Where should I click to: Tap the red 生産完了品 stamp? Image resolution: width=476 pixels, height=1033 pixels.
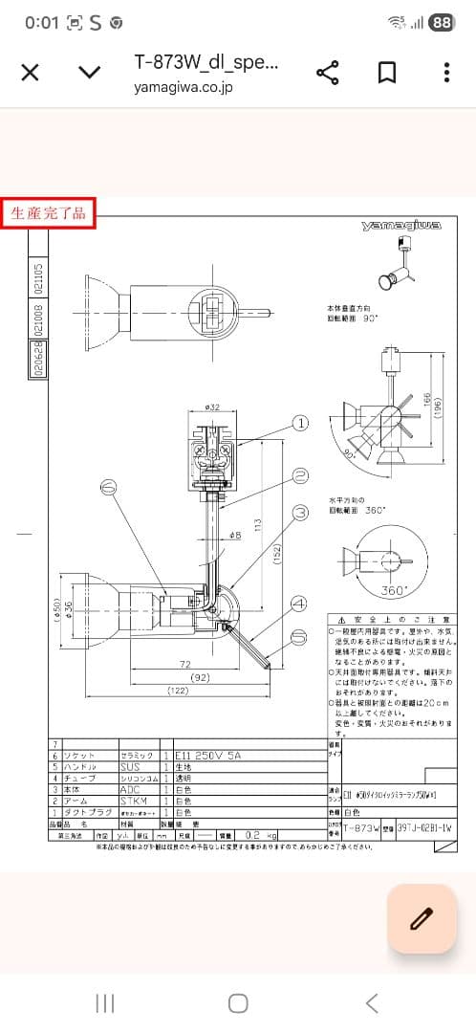(x=49, y=213)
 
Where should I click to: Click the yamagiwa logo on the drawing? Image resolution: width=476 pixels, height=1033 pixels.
(x=400, y=226)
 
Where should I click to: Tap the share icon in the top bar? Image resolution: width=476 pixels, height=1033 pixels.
(x=328, y=73)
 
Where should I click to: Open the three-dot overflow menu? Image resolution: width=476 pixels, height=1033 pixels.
(x=446, y=73)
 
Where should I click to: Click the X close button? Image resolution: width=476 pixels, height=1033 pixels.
(x=30, y=73)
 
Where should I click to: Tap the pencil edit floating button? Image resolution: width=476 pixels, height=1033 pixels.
(x=421, y=919)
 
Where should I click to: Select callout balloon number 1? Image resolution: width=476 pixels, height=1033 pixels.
(x=300, y=422)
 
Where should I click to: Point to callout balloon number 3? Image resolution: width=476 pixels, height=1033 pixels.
(x=300, y=514)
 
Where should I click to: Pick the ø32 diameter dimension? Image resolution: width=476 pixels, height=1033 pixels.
(x=213, y=407)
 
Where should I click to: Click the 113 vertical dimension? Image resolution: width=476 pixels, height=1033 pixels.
(x=258, y=524)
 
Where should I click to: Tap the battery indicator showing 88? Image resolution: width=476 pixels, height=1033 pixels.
(x=441, y=22)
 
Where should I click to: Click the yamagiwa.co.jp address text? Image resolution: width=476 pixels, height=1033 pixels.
(x=184, y=86)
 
